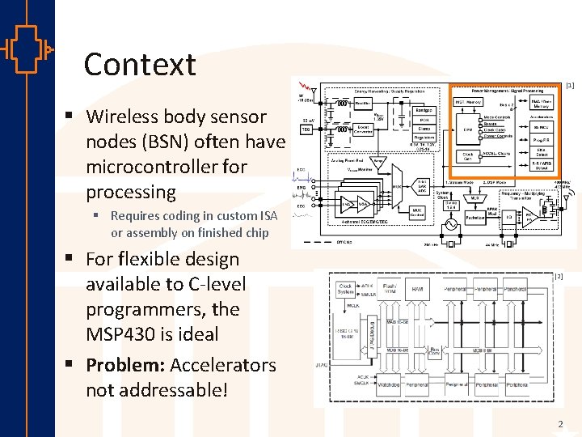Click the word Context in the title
point(140,65)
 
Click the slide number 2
point(559,424)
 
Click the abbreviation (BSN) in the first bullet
point(170,142)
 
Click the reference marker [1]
point(570,85)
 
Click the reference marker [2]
point(558,277)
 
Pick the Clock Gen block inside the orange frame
point(467,155)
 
